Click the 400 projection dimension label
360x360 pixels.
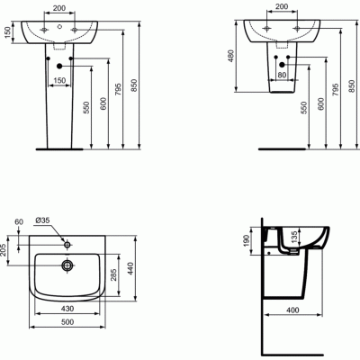pyautogui.click(x=293, y=310)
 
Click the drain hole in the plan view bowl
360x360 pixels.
pyautogui.click(x=67, y=265)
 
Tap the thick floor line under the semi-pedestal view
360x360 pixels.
pyautogui.click(x=281, y=148)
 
